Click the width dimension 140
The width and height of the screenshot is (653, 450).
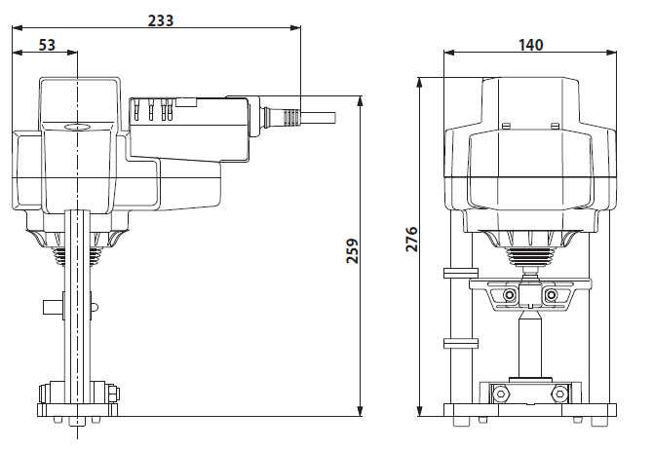[531, 45]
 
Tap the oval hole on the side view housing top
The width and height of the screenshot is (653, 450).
[76, 126]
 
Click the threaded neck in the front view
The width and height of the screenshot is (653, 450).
[531, 259]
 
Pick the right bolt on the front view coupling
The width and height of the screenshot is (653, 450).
[553, 294]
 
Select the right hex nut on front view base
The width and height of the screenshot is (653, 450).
[559, 394]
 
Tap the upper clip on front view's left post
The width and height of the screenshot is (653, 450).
[457, 272]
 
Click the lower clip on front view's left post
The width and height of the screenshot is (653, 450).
[457, 343]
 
